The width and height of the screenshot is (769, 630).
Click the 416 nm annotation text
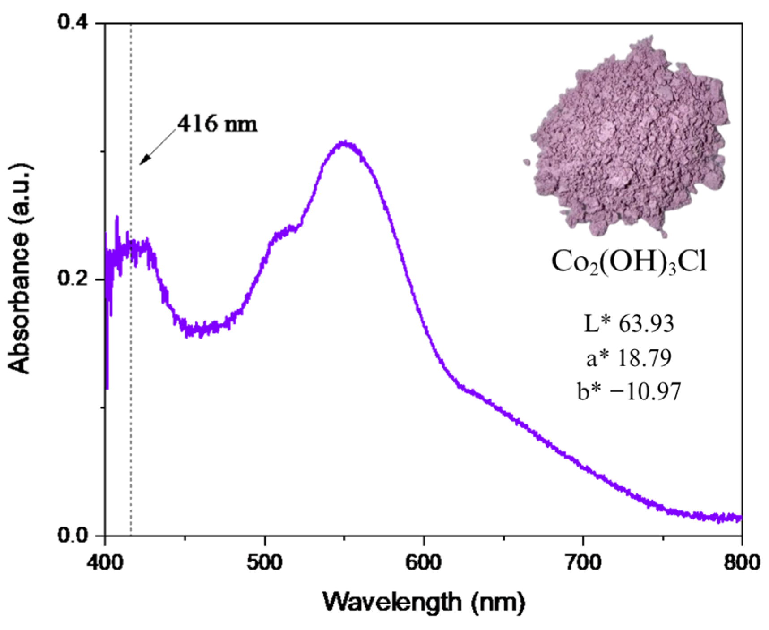point(218,124)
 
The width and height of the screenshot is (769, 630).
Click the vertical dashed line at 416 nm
point(131,358)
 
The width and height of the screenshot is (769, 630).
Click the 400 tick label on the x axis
point(105,562)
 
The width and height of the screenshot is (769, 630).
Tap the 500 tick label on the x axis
point(265,562)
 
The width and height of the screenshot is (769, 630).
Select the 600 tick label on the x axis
point(424,562)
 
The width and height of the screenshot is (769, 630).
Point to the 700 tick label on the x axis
point(583,562)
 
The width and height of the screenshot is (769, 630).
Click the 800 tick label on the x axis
point(741,562)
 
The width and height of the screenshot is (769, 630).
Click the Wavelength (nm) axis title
point(424,602)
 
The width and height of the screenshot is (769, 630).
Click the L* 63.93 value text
point(629,324)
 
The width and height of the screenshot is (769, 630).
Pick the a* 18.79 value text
point(629,358)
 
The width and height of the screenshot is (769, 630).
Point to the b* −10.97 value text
point(629,392)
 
